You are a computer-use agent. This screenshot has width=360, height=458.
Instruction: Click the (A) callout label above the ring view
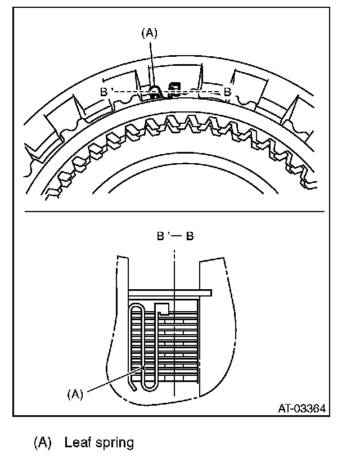(x=148, y=33)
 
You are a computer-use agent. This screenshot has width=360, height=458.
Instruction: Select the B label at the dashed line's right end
(x=227, y=91)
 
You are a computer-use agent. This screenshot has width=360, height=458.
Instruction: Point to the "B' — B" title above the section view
(x=175, y=236)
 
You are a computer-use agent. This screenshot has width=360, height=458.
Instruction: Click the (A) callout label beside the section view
(x=74, y=394)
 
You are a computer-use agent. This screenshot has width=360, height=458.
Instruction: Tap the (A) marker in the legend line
(x=43, y=443)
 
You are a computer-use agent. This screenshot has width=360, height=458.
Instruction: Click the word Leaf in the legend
(x=76, y=443)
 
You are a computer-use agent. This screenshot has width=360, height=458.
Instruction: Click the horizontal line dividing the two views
(x=174, y=211)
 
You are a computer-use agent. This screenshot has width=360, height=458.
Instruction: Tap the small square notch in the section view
(x=163, y=308)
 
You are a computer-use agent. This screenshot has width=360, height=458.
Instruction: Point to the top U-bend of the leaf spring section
(x=137, y=307)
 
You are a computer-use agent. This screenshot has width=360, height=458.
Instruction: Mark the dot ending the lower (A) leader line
(x=145, y=366)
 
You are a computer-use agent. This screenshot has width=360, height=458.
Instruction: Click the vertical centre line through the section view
(x=175, y=349)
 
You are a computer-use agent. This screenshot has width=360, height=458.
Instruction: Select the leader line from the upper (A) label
(x=151, y=62)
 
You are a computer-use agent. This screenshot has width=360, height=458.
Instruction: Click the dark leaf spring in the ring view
(x=155, y=91)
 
